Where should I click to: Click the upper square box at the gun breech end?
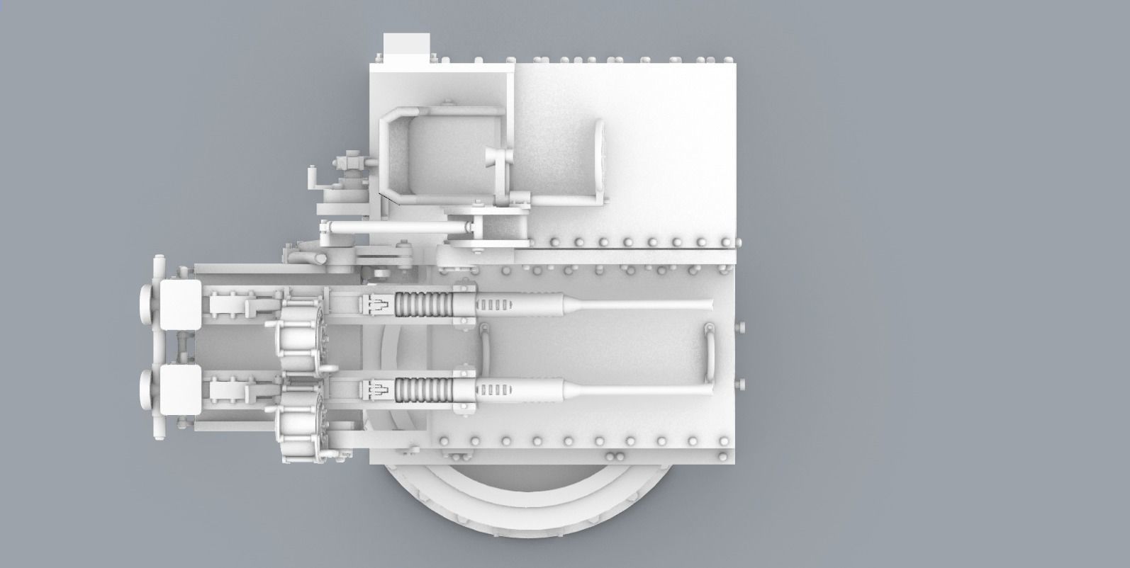click(180, 305)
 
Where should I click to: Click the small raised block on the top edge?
click(402, 47)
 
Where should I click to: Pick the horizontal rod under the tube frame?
click(397, 226)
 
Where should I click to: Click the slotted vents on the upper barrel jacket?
click(493, 305)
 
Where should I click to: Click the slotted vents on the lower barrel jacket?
click(493, 388)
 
